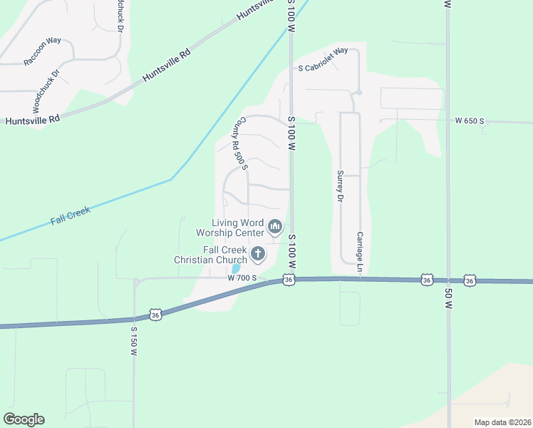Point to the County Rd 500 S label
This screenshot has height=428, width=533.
click(x=239, y=143)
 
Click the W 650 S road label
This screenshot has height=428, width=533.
click(x=470, y=121)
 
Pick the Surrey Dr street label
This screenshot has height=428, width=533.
click(x=341, y=185)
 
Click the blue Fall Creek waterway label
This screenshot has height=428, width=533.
click(x=69, y=216)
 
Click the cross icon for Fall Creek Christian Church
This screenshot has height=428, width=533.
click(x=257, y=253)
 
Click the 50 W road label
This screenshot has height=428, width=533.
click(x=448, y=295)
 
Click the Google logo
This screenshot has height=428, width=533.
click(x=24, y=419)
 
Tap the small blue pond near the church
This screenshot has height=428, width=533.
click(x=236, y=269)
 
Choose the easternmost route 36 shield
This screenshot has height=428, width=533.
click(x=470, y=281)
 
